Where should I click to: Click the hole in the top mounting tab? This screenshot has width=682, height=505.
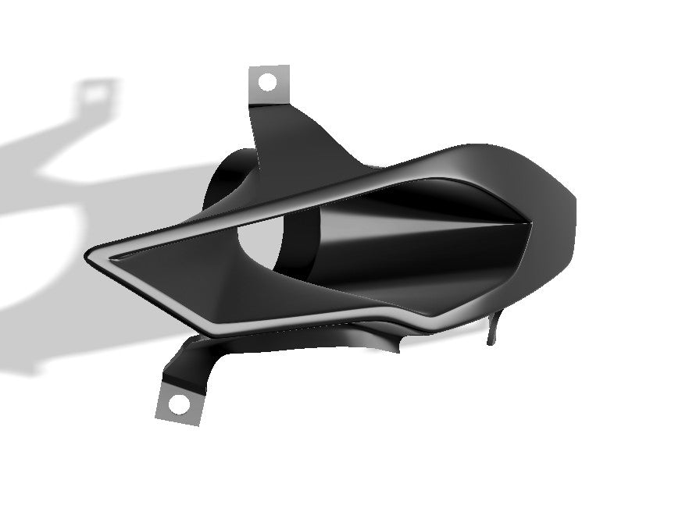(267, 81)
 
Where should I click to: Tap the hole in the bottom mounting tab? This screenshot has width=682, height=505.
(180, 404)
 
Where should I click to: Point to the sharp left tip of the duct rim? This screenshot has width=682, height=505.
(88, 255)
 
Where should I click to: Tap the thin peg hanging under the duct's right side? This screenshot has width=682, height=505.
(491, 328)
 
